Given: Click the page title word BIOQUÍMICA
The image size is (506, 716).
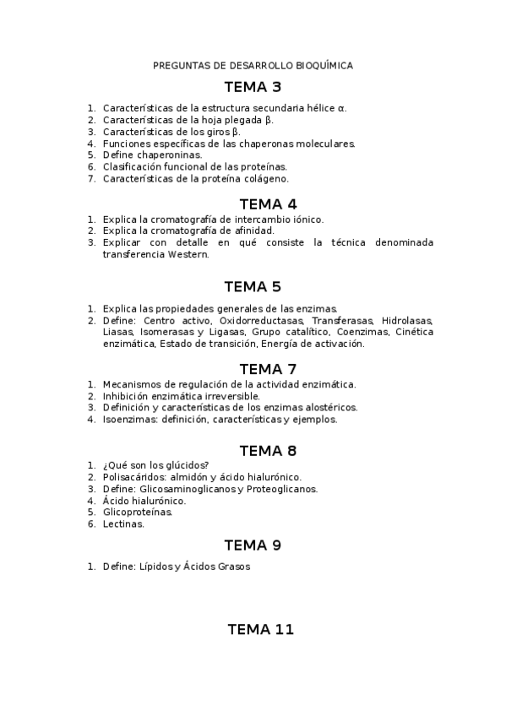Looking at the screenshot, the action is (x=324, y=65).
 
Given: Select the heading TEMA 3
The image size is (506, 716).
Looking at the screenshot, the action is (x=253, y=87).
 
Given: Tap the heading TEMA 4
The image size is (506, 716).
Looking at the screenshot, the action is (x=268, y=203).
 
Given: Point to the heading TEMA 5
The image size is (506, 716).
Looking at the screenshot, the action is (x=253, y=286).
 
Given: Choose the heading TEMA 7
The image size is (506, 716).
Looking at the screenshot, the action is (x=268, y=368).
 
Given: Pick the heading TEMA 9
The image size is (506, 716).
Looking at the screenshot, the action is (x=253, y=545).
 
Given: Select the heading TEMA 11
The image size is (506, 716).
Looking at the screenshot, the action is (x=260, y=629).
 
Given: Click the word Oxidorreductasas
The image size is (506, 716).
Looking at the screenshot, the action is (x=261, y=321).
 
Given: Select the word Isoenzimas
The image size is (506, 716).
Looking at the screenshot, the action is (x=128, y=420).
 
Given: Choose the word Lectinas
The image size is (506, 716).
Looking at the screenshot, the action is (x=123, y=524).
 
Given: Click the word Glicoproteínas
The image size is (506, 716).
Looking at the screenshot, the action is (x=138, y=513).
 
